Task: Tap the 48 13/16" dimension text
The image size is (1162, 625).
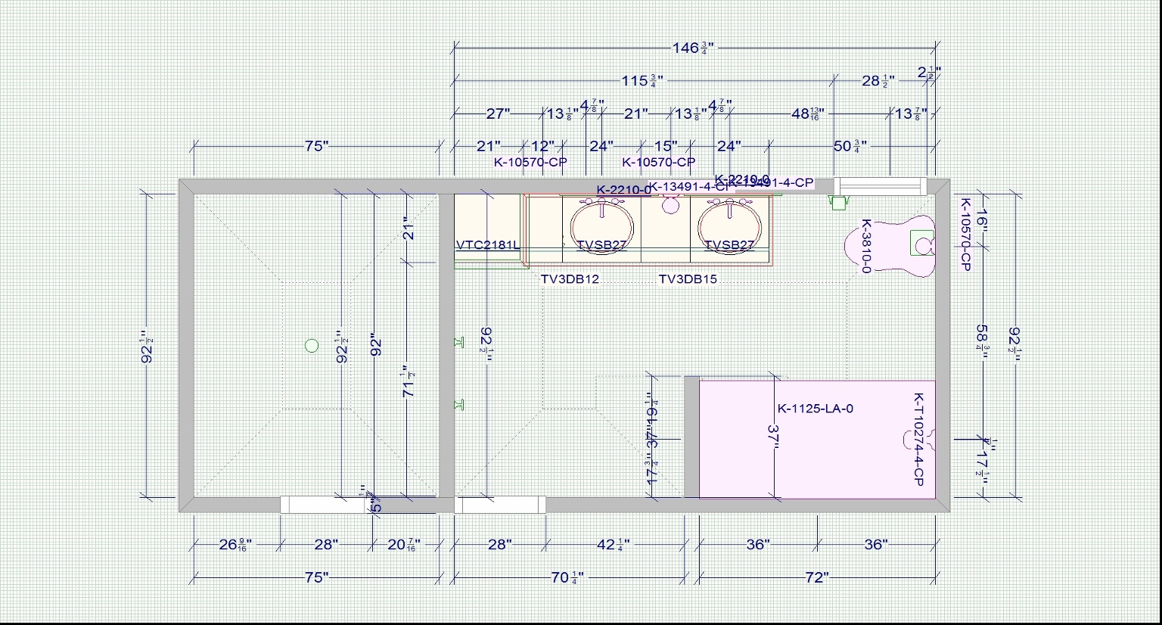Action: [x=807, y=114]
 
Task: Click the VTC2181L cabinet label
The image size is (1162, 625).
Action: [x=488, y=245]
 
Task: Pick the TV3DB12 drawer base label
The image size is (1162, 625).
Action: [x=570, y=279]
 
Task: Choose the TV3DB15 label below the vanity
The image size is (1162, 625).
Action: [x=688, y=279]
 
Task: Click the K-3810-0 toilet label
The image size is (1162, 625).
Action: [x=867, y=246]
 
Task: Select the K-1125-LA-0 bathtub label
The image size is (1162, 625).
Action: [x=816, y=409]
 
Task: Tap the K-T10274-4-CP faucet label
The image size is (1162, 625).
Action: [x=919, y=439]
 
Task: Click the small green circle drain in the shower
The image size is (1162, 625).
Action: [x=311, y=346]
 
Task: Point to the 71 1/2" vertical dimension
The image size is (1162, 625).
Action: [x=409, y=381]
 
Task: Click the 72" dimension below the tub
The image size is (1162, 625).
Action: [x=816, y=578]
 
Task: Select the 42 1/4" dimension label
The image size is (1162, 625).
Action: [x=614, y=545]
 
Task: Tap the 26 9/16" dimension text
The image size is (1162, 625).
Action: [x=235, y=545]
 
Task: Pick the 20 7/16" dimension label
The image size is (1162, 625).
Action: [x=403, y=545]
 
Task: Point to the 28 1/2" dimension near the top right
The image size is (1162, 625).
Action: [x=878, y=81]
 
